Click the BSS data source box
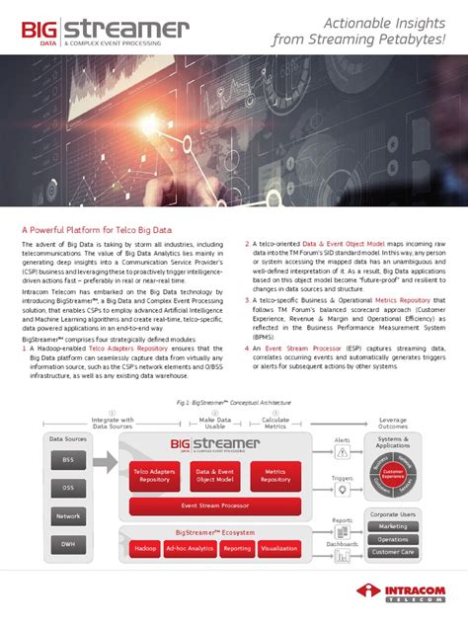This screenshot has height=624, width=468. click(x=68, y=460)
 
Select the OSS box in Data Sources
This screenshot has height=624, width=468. click(x=68, y=488)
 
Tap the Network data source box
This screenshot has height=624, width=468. click(x=68, y=516)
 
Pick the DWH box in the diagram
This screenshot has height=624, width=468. click(x=68, y=543)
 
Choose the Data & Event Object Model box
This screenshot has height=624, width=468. click(x=213, y=476)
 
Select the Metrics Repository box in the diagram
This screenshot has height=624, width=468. click(x=275, y=476)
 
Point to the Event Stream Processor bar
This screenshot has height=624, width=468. click(x=213, y=505)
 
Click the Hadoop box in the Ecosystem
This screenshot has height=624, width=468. click(x=146, y=548)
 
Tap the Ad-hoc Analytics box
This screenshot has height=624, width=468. click(x=190, y=548)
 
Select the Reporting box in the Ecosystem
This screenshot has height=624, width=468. click(x=237, y=548)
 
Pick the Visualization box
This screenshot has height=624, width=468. click(x=280, y=548)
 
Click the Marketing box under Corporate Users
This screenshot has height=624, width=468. click(x=392, y=526)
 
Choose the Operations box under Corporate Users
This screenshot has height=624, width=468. click(x=392, y=539)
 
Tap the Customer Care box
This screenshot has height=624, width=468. click(x=392, y=552)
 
